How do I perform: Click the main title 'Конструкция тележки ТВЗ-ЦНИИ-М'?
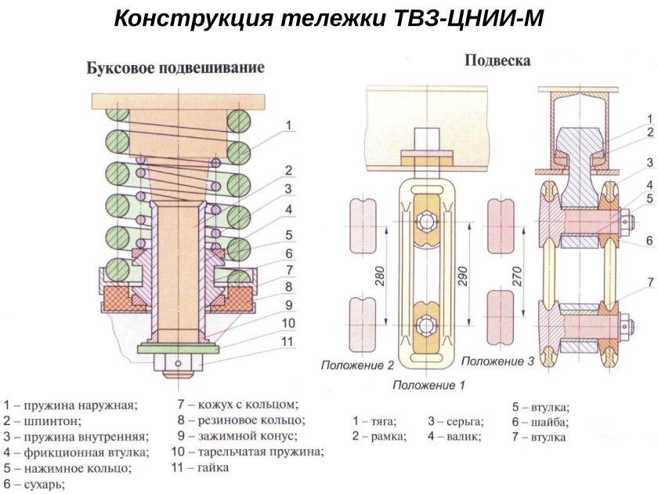(328, 19)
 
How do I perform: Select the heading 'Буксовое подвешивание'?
(175, 68)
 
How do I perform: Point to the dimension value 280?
(380, 276)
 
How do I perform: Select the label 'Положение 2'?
(356, 365)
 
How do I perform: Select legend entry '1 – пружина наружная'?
(70, 405)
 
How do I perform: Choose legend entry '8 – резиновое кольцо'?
(240, 420)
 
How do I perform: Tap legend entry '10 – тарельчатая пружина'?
(248, 452)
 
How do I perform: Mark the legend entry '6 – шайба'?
(539, 422)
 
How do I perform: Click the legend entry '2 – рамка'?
(379, 437)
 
